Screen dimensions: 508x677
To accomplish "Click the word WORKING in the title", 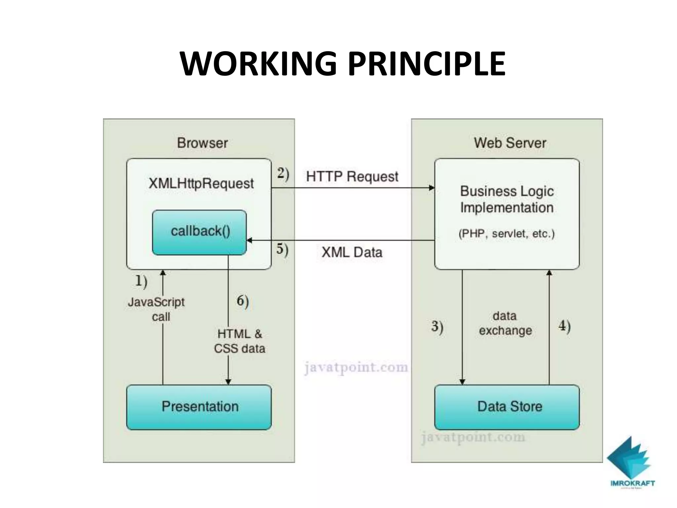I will point(258,63).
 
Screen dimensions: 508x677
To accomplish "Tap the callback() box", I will point(199,232).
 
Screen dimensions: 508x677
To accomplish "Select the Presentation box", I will point(199,407).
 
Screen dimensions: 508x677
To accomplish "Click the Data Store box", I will point(507,407).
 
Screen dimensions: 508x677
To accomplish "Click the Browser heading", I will point(202,143).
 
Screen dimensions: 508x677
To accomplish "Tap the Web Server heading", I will point(510,143).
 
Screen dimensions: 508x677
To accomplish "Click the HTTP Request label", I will point(352,177).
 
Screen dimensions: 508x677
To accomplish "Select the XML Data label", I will point(352,252).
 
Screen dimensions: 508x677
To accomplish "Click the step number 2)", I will point(283,174).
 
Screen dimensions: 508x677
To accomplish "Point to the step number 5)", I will point(282,249).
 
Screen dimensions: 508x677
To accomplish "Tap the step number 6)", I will point(243,301).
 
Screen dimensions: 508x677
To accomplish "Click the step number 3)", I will point(437,327).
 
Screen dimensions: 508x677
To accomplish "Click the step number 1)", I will point(141,281).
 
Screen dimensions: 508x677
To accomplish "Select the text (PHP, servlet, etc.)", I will point(506,233).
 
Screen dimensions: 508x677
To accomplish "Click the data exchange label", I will point(505,323).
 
